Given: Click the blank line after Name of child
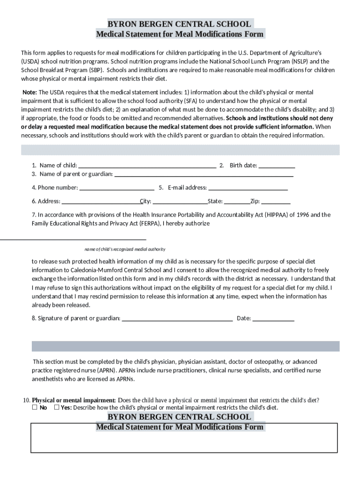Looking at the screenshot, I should [x=147, y=166].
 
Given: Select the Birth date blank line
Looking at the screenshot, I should [x=277, y=166].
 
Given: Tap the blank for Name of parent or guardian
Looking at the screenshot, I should [x=204, y=174].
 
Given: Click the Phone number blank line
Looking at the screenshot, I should [x=117, y=188].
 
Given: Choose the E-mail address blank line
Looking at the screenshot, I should [x=248, y=188].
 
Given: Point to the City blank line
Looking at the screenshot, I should [x=180, y=202].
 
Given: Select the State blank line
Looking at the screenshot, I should [x=237, y=202].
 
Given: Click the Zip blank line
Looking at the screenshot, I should [x=276, y=202].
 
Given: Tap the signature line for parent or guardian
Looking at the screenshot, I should [x=177, y=319].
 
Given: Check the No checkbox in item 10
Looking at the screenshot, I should [x=35, y=407].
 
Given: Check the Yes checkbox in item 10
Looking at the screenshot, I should [x=57, y=407].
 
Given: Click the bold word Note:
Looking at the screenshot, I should [x=30, y=92].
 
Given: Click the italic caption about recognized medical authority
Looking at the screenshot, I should [x=125, y=249].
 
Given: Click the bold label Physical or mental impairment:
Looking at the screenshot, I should [x=74, y=400].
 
